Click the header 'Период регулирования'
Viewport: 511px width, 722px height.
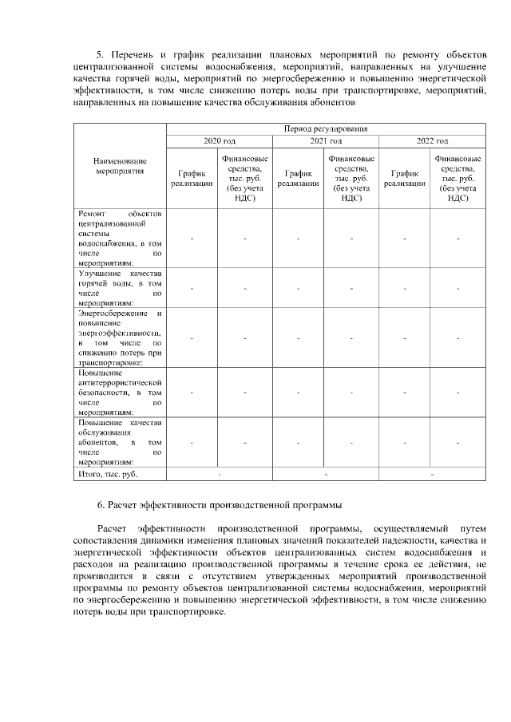[x=326, y=128]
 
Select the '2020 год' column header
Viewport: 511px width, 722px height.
[x=220, y=141]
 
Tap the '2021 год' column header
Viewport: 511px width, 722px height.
[x=326, y=141]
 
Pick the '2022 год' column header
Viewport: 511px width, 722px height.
[x=432, y=141]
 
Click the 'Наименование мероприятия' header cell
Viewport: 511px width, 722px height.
[x=120, y=165]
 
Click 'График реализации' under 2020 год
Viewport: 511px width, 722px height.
[x=192, y=178]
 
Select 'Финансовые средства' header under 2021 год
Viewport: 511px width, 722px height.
[x=351, y=178]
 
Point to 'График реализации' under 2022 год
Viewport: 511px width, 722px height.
[x=405, y=178]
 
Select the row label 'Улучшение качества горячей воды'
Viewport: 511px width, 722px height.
[x=120, y=287]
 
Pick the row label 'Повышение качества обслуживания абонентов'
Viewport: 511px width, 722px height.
[x=120, y=441]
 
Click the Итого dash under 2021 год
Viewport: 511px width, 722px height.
[x=326, y=475]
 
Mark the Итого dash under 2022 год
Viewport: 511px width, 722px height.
[x=432, y=475]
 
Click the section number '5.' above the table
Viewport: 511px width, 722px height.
[x=101, y=54]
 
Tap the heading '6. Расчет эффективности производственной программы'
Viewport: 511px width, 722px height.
[x=220, y=504]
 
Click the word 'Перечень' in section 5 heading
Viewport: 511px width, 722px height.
[x=133, y=54]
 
